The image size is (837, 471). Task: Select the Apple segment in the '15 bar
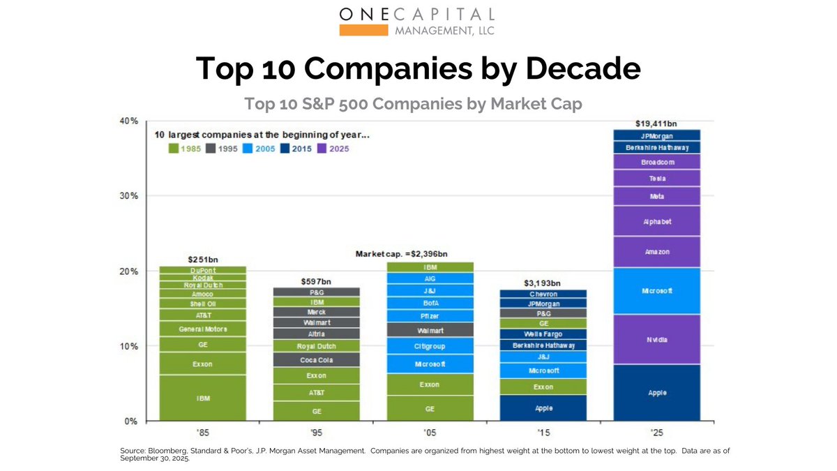pos(543,408)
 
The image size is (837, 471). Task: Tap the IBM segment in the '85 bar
pos(202,398)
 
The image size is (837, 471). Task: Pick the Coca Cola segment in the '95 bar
pos(316,360)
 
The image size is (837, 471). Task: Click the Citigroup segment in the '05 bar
pos(430,346)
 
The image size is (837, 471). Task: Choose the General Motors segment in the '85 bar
pos(202,329)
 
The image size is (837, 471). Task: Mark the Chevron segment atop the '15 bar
pos(543,294)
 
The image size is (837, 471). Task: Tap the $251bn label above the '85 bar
pos(202,260)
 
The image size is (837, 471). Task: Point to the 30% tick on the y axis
pos(129,196)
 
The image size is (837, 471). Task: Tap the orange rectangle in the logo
pos(363,30)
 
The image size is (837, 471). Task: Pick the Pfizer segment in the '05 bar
pos(430,316)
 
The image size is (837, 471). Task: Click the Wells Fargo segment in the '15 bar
pos(543,334)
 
